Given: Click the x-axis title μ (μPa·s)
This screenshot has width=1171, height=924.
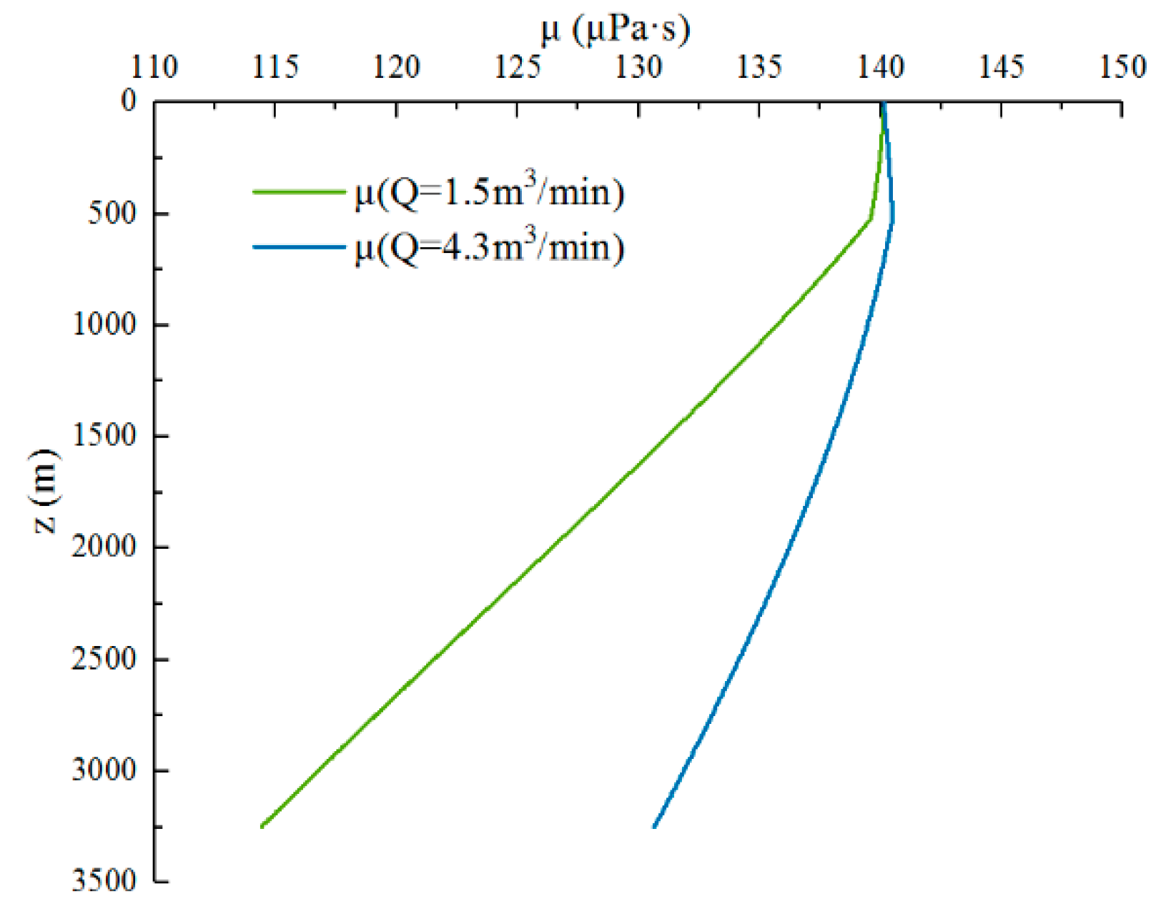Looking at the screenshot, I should (x=616, y=30).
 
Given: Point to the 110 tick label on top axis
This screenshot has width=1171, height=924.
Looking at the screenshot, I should (x=154, y=67).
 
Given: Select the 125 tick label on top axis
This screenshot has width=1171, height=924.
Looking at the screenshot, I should (x=517, y=67).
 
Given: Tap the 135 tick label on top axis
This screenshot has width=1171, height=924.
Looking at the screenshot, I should (x=759, y=67).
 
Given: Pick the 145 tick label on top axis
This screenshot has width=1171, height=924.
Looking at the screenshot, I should (x=1001, y=67).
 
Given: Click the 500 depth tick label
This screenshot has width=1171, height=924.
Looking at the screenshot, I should (x=112, y=213).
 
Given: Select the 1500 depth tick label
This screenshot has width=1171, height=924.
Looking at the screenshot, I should (x=104, y=435).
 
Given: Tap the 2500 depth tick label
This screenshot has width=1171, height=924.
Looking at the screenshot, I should (x=104, y=658).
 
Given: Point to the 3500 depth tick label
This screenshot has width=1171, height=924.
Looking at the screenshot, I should (x=104, y=880).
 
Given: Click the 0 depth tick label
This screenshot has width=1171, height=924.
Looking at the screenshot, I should (x=129, y=101).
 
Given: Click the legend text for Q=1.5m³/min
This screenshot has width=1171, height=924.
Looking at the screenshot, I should (x=489, y=193).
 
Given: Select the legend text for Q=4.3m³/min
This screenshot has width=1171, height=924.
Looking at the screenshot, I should (x=489, y=248).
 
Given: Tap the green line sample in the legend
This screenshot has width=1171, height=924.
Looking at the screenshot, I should (x=299, y=192).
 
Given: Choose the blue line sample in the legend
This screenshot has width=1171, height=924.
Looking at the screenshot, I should (x=299, y=247).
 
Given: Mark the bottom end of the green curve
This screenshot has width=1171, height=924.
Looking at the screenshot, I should (x=262, y=826).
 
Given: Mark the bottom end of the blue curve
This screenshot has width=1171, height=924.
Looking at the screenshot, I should (x=654, y=827).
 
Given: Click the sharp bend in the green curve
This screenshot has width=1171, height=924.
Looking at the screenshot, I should (x=869, y=220).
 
